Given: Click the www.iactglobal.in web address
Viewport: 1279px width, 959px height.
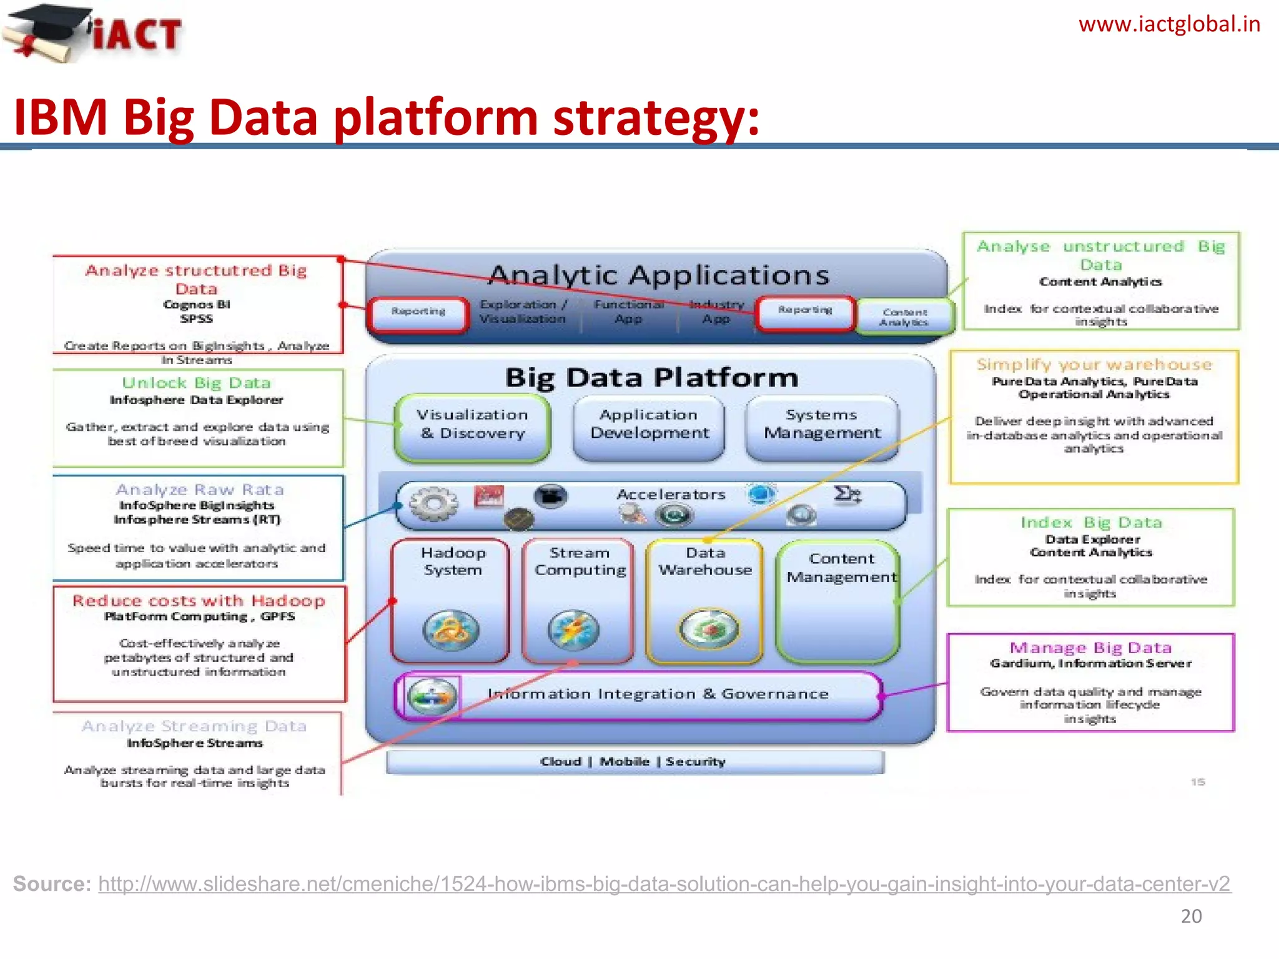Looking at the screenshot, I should pyautogui.click(x=1168, y=25).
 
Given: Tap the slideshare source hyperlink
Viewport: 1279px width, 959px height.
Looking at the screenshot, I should pyautogui.click(x=664, y=884).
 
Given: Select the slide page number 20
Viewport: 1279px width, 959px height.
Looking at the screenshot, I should pyautogui.click(x=1191, y=916).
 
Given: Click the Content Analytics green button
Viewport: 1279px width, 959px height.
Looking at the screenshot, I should pyautogui.click(x=904, y=317).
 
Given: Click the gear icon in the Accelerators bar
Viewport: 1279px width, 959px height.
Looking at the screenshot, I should pyautogui.click(x=433, y=503).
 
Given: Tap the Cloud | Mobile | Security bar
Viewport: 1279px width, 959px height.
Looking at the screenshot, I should pyautogui.click(x=634, y=762).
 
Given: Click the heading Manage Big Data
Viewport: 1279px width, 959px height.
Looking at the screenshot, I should pyautogui.click(x=1090, y=647).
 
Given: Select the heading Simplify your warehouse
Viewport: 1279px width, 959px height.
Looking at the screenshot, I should pyautogui.click(x=1094, y=364).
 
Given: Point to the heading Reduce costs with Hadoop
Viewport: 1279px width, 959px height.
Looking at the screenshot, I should pyautogui.click(x=199, y=601).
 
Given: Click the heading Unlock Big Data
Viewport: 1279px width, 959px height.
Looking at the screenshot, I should pyautogui.click(x=196, y=383).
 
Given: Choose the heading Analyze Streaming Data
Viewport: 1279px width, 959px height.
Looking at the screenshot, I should pyautogui.click(x=194, y=726).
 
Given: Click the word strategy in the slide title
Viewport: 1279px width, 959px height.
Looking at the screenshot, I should pyautogui.click(x=656, y=118).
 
